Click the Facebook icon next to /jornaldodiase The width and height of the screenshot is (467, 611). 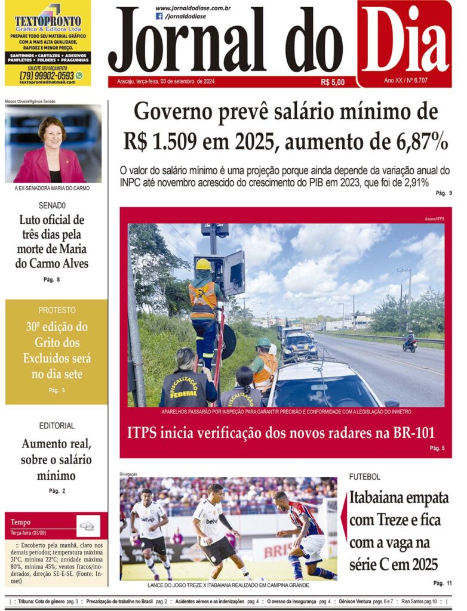coord(159,17)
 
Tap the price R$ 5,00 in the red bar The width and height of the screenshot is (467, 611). coord(333,82)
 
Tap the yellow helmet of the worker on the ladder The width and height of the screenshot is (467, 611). coord(204,264)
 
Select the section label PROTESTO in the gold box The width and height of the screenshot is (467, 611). coord(57,310)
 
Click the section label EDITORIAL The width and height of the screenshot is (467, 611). coord(57,425)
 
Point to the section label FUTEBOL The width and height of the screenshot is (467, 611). coord(365,477)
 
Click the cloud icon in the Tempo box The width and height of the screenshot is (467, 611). coord(87,526)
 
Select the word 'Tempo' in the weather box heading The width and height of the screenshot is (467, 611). coord(20,522)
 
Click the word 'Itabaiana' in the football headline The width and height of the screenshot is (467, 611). coord(380,497)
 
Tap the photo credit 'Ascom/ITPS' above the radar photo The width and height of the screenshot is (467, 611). coord(435,219)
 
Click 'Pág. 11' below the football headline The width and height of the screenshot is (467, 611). coord(443,582)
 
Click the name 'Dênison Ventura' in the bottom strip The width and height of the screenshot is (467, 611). coord(356,601)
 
